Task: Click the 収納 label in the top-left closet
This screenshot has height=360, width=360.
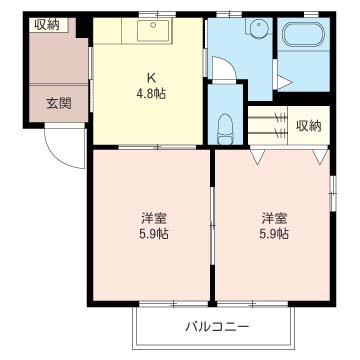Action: click(x=46, y=25)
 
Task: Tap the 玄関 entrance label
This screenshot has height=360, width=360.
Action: click(x=58, y=102)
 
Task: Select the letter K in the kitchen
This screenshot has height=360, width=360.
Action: click(x=151, y=77)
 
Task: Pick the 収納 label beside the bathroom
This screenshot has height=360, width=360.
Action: click(x=309, y=125)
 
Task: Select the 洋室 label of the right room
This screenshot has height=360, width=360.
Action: click(x=274, y=218)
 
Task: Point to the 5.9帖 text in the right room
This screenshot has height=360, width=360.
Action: click(x=274, y=235)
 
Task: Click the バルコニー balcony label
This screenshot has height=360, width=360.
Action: click(x=216, y=326)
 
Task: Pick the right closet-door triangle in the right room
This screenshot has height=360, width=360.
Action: click(x=319, y=157)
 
